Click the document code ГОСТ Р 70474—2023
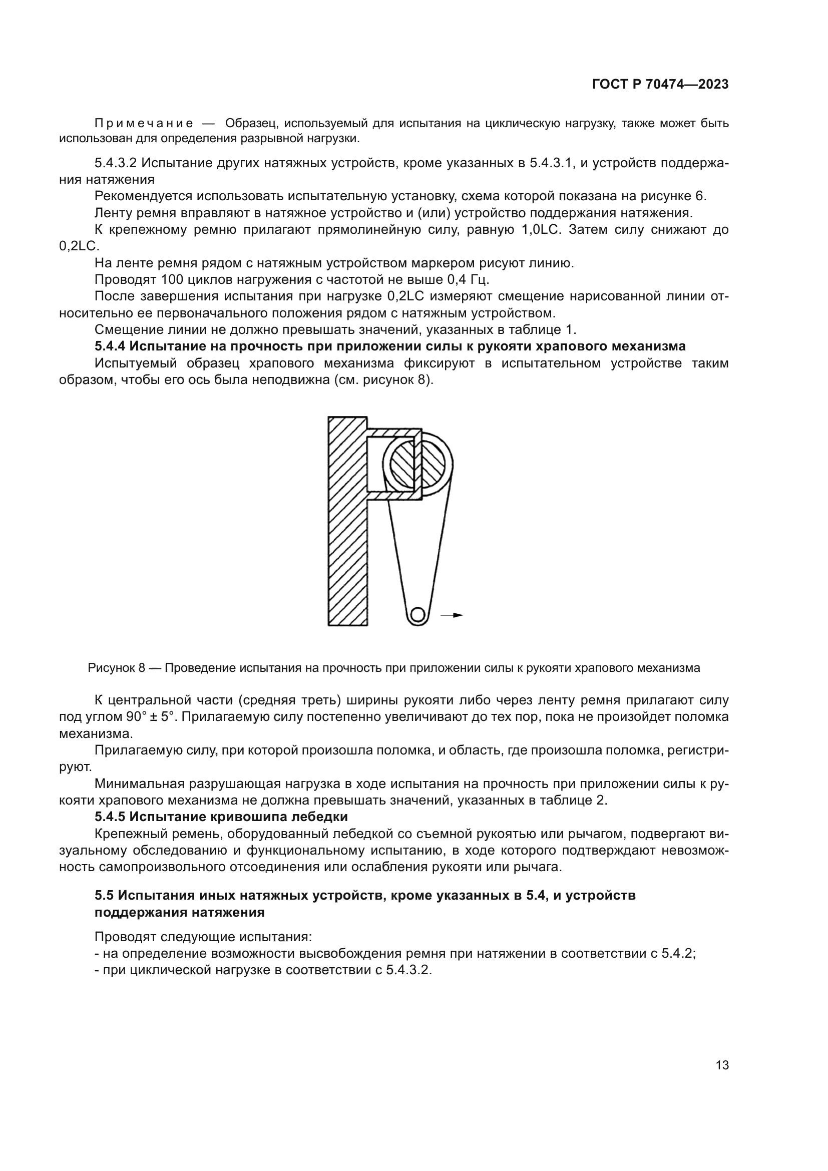(660, 85)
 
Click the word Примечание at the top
(144, 124)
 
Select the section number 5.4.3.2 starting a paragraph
(116, 163)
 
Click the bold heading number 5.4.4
(110, 346)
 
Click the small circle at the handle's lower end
(418, 614)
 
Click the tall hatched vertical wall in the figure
(347, 520)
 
